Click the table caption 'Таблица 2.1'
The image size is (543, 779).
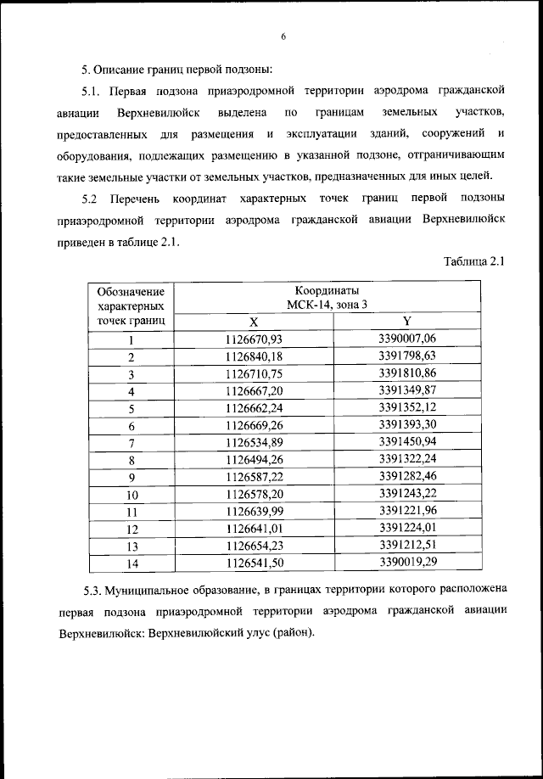pos(474,261)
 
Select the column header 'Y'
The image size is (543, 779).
pos(406,321)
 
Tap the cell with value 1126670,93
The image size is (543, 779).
pos(253,339)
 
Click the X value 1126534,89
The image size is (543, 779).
pos(253,442)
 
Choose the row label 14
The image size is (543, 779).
pos(132,563)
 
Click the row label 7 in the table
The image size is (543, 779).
pos(132,443)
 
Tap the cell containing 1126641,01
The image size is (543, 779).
pos(253,528)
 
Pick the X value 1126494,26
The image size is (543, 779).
pos(253,459)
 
